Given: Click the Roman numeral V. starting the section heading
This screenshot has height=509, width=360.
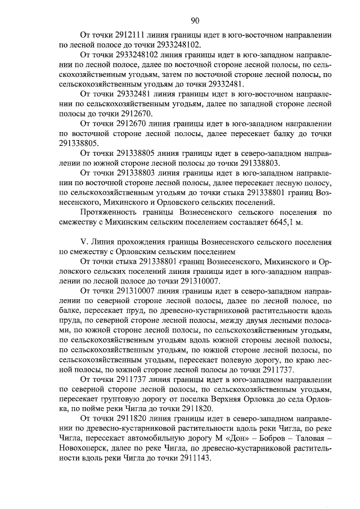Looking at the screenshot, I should (85, 240).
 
